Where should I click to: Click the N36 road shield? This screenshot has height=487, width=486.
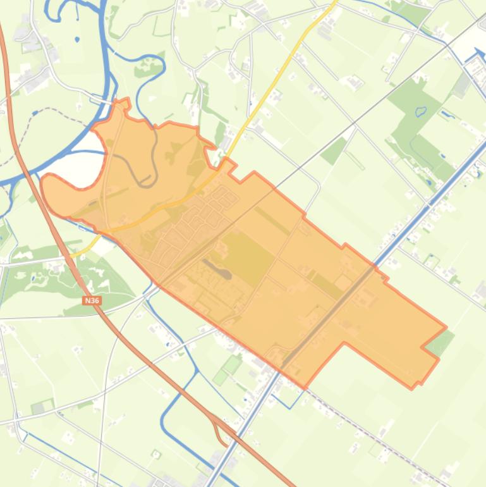tap(92, 300)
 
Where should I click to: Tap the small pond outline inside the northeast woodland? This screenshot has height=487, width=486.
tap(421, 112)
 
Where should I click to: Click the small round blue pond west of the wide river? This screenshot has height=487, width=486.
tap(77, 39)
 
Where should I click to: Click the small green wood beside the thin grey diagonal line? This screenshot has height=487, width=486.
tap(334, 149)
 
